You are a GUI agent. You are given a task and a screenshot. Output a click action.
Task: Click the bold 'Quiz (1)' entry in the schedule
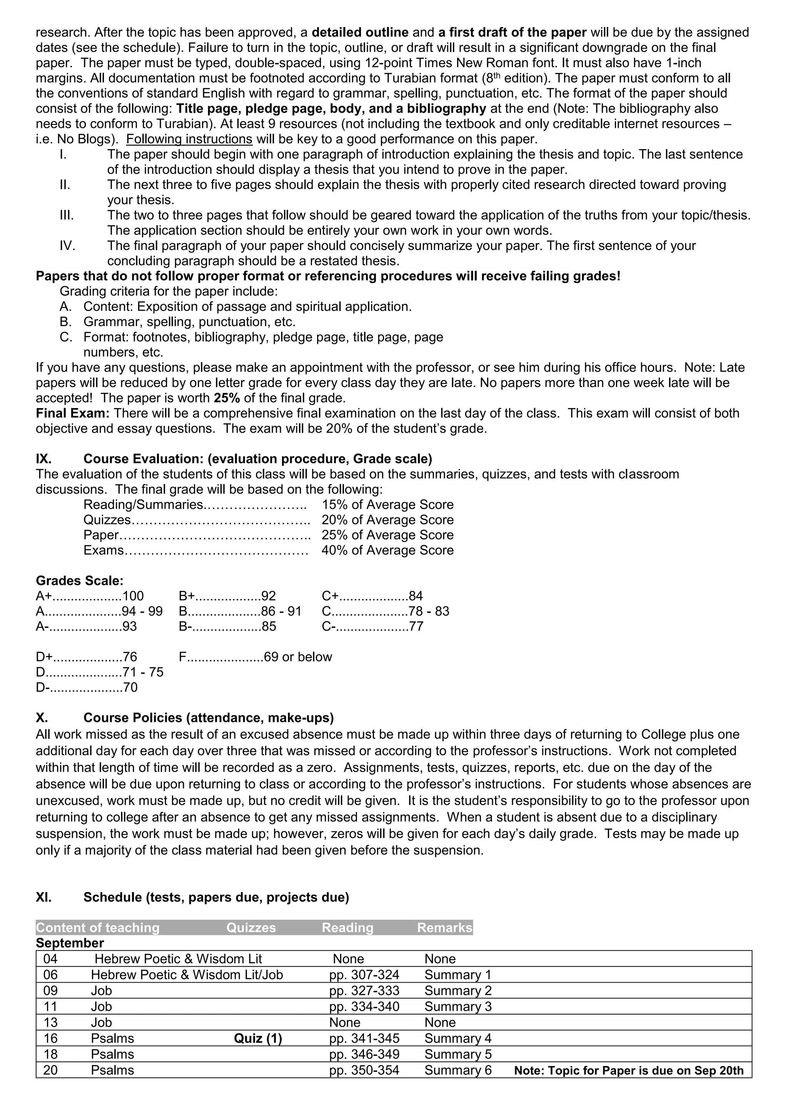tap(258, 1038)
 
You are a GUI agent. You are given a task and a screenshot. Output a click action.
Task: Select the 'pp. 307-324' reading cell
tap(364, 974)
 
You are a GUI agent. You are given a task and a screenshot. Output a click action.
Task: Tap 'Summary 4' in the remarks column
tap(457, 1038)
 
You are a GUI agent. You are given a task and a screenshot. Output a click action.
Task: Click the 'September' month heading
tap(70, 943)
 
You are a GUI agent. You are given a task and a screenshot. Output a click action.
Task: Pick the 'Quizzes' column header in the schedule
tap(251, 927)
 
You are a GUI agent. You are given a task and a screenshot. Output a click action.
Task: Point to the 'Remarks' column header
tap(444, 927)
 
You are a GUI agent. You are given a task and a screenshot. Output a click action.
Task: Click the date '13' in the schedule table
tap(50, 1022)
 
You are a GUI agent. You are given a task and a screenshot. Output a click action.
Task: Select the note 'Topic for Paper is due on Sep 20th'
tap(628, 1070)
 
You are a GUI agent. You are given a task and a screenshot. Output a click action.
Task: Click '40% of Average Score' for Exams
tap(387, 550)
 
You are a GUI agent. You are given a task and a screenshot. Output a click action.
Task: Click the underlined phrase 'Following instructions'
tap(189, 139)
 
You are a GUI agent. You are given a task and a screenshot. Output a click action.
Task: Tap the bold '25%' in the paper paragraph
tap(227, 398)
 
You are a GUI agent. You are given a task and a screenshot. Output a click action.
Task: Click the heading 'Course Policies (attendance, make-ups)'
tap(209, 718)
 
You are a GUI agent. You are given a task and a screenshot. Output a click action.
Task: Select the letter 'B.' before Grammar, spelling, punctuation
tap(66, 321)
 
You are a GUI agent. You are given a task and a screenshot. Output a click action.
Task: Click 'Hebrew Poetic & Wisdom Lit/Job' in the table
tap(187, 974)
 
